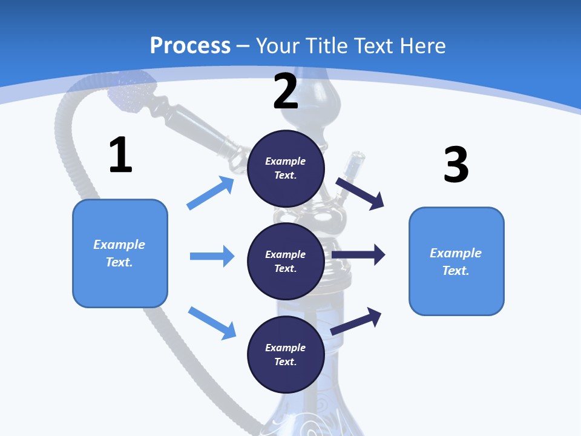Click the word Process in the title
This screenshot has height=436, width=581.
190,46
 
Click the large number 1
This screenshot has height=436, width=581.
120,156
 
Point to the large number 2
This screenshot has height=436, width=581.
286,91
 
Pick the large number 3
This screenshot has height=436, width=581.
456,165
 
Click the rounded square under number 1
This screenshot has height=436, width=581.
120,253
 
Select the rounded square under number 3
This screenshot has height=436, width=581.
456,261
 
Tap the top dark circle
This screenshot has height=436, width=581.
286,168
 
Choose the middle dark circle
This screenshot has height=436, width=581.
286,262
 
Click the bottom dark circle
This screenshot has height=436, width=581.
286,355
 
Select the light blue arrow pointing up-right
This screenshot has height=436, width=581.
211,193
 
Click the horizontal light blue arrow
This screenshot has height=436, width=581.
212,256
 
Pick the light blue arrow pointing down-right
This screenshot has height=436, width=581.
212,322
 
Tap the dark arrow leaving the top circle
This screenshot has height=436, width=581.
360,193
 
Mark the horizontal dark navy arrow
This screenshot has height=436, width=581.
358,255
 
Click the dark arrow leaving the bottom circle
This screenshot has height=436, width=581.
356,320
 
